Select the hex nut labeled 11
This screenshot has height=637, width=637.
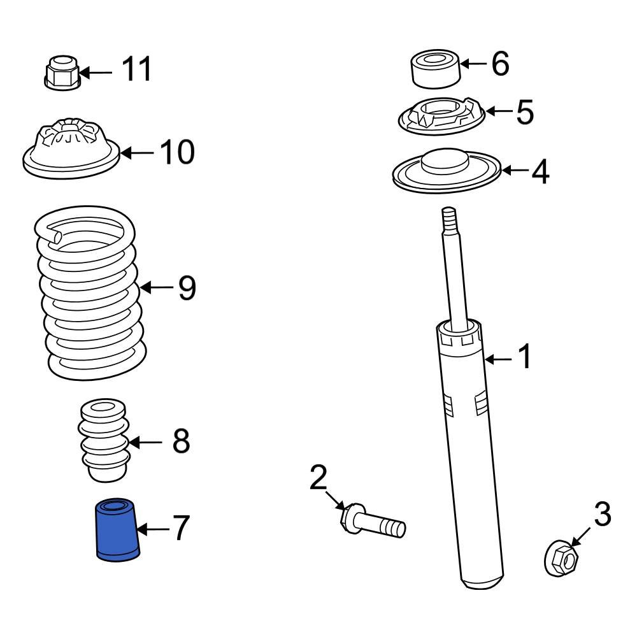[61, 73]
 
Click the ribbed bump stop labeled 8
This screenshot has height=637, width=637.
[105, 440]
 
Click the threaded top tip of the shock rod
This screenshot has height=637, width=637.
[450, 217]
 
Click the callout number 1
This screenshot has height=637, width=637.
[525, 359]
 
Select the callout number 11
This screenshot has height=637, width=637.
[137, 69]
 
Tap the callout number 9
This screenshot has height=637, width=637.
[187, 288]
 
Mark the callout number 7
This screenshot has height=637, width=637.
[180, 529]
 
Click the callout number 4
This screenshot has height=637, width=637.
[540, 172]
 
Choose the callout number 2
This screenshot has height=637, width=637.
[318, 477]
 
